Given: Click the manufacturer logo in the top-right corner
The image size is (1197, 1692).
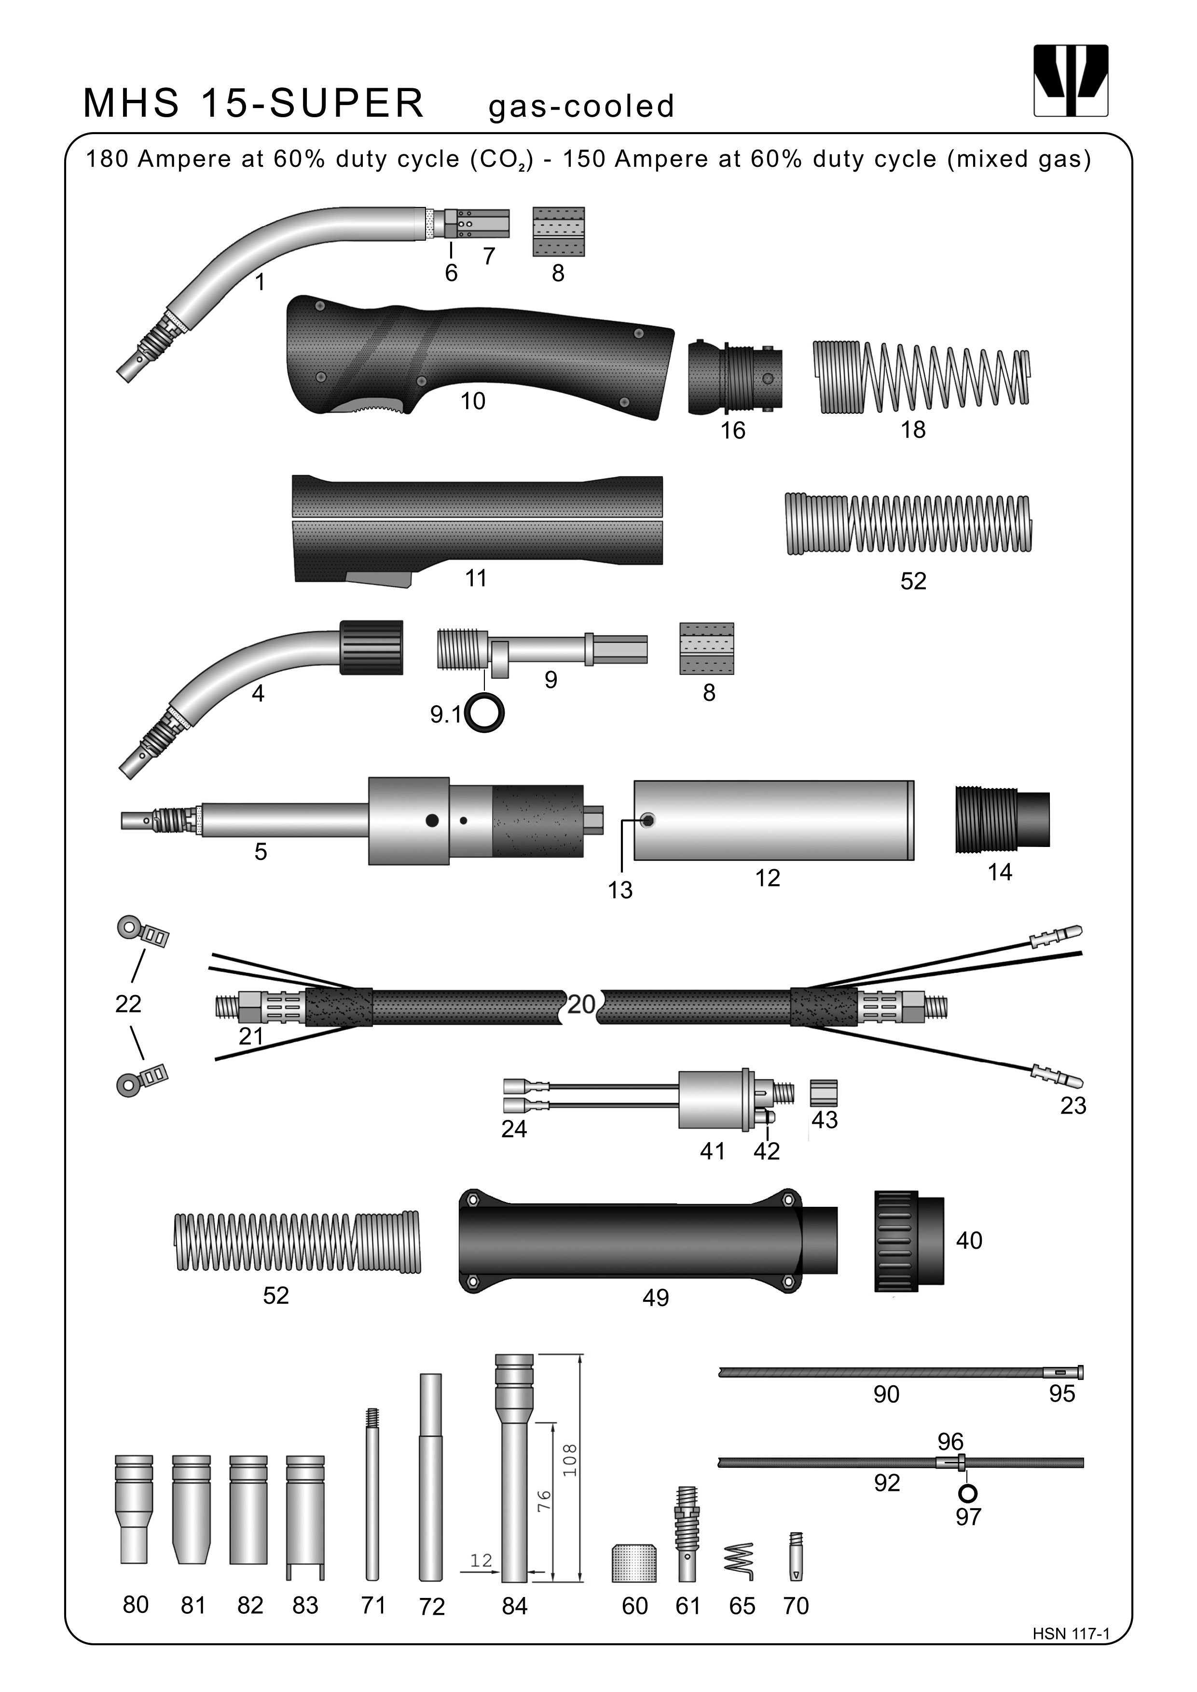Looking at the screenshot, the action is click(x=1071, y=81).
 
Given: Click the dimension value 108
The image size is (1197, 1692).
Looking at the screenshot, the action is click(x=570, y=1460).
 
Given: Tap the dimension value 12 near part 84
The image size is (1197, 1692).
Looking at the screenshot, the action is click(x=481, y=1560).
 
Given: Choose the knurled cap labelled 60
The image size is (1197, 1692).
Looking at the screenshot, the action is click(x=634, y=1563).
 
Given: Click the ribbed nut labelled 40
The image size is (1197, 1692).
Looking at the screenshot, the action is click(x=909, y=1240).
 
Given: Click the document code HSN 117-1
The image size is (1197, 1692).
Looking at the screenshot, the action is click(x=1071, y=1634).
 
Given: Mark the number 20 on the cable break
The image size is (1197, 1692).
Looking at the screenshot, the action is click(x=581, y=1004).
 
